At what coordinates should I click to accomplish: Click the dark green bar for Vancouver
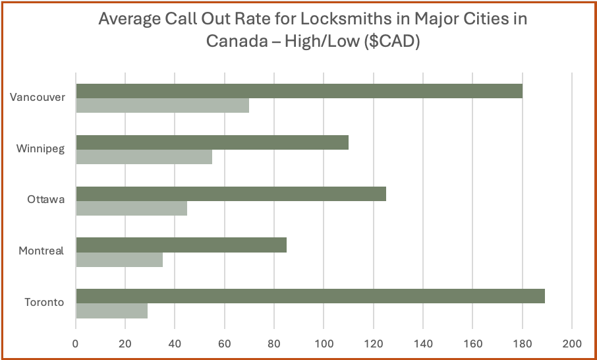(299, 91)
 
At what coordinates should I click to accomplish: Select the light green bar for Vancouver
(162, 105)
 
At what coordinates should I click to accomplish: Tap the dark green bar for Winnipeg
(212, 142)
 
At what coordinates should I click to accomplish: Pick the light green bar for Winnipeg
(144, 156)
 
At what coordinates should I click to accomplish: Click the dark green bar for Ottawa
(231, 194)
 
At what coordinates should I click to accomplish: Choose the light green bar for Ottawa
(131, 208)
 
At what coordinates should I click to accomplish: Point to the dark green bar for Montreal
(181, 245)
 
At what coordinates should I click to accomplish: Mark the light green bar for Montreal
(119, 260)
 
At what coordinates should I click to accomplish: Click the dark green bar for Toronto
(310, 296)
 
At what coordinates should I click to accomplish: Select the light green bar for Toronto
(111, 311)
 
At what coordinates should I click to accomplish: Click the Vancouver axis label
(38, 98)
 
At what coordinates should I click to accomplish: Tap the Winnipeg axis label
(41, 148)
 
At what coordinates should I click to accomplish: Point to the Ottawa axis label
(46, 199)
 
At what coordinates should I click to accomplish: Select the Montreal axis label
(42, 251)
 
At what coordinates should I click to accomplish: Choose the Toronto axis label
(45, 303)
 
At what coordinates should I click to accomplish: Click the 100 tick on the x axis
(324, 343)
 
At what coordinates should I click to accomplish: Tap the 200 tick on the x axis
(571, 343)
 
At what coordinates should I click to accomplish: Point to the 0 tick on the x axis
(76, 343)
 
